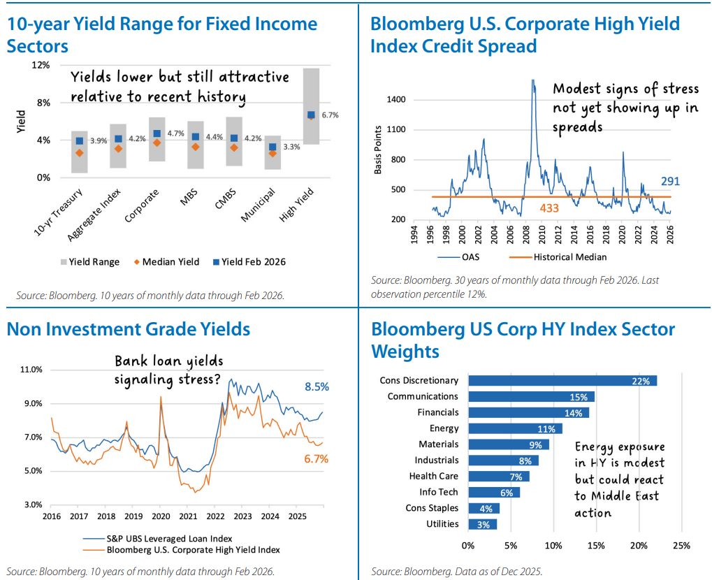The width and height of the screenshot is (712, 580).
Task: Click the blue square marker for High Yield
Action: (x=311, y=115)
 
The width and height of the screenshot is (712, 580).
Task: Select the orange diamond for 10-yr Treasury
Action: (x=80, y=152)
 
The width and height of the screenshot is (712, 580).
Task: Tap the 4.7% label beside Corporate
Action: (x=176, y=133)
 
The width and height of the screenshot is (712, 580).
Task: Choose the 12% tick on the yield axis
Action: (x=41, y=65)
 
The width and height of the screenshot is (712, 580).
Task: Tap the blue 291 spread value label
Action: (x=669, y=182)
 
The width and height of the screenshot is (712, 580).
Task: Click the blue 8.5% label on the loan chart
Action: (x=316, y=387)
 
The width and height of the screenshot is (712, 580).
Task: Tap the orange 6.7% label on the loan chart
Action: (x=316, y=459)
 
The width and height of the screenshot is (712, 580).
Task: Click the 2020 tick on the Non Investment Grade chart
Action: (x=161, y=516)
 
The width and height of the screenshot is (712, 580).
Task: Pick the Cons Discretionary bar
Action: (x=562, y=381)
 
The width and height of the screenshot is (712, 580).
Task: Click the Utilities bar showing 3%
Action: (x=482, y=524)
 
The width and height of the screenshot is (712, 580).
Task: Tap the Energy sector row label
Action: (x=444, y=428)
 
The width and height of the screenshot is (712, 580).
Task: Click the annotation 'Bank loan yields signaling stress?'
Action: (x=168, y=370)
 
